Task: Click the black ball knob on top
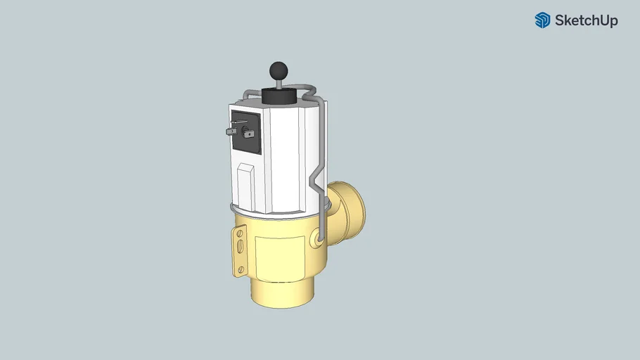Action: click(279, 70)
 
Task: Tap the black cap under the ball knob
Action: click(280, 96)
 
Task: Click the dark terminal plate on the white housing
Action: click(246, 132)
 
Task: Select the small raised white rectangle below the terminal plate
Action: click(245, 184)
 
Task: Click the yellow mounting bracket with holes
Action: click(240, 250)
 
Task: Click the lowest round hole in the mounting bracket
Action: click(241, 269)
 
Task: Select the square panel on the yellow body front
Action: click(279, 256)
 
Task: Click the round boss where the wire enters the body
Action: click(320, 240)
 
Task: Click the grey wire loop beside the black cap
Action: click(309, 91)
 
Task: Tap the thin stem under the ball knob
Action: click(279, 84)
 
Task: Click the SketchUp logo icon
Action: click(542, 20)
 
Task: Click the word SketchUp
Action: click(586, 20)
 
